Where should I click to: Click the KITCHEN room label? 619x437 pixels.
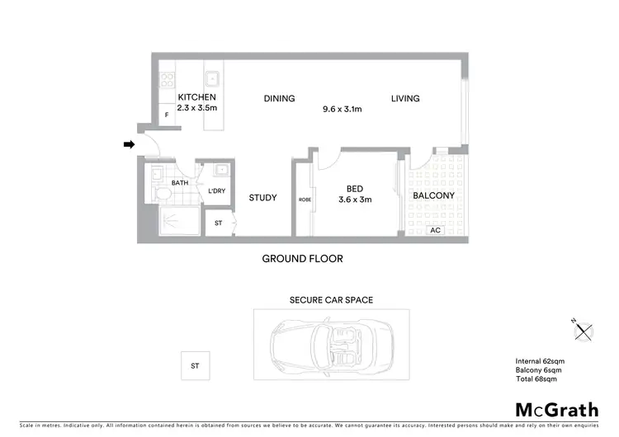coord(196,97)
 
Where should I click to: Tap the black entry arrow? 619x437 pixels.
coord(129,144)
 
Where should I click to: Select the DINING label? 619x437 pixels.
coord(279,99)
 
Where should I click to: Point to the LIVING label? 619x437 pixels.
coord(405,99)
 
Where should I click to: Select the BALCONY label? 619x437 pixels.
coord(434,195)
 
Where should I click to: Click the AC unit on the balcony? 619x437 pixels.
coord(435,231)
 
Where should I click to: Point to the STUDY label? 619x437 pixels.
coord(262,198)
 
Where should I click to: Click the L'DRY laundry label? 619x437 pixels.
coord(217,191)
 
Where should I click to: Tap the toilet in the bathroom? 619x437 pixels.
coord(162,194)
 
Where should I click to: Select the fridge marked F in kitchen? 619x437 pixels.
coord(167,115)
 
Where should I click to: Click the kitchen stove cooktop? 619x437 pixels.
coord(167,81)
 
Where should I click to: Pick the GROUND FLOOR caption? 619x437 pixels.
coord(302,259)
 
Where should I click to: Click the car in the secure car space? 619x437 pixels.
coord(330,345)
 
